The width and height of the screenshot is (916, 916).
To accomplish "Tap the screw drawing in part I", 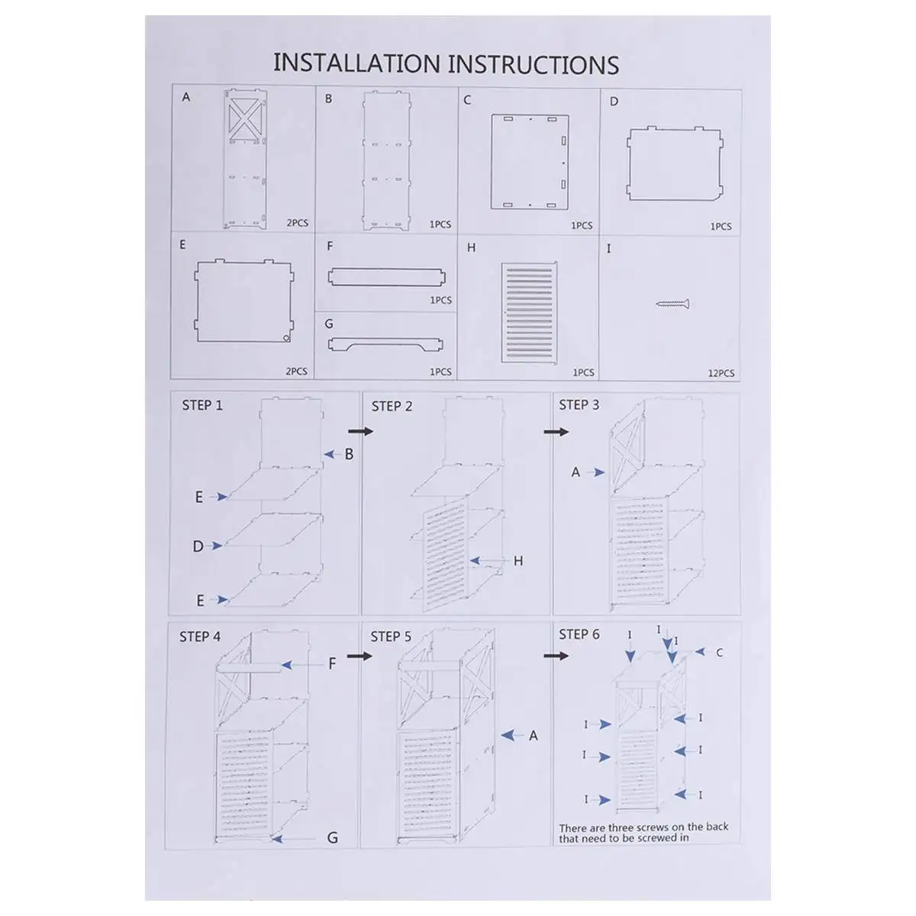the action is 672,305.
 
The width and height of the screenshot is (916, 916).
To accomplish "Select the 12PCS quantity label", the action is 721,373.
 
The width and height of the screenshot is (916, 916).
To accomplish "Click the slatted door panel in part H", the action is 529,311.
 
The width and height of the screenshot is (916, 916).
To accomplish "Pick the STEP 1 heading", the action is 202,405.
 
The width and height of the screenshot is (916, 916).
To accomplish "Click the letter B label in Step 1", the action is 349,454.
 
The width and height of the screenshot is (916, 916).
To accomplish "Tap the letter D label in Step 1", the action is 198,547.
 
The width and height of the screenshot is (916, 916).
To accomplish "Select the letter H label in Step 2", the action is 518,561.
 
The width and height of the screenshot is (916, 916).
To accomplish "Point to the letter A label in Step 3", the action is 576,473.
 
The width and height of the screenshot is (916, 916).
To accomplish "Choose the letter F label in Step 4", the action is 332,664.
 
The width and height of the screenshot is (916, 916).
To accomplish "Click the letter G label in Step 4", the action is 332,838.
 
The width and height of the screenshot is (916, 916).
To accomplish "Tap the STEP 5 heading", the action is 391,637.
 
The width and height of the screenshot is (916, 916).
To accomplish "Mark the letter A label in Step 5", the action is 534,736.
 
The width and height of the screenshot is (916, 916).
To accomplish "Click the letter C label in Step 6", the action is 719,653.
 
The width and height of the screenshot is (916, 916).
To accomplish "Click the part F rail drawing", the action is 385,276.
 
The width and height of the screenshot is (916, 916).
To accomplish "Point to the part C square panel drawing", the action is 530,161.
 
